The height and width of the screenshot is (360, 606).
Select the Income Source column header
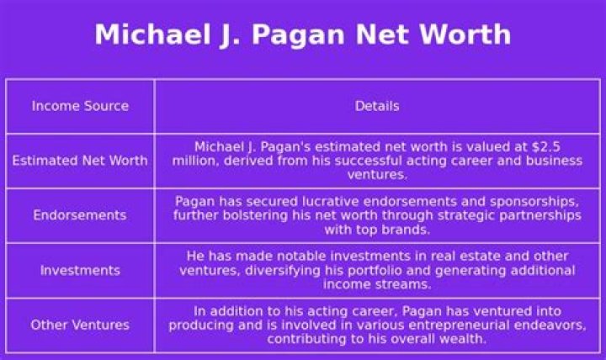[x=80, y=106]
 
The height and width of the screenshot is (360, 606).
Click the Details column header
[x=376, y=106]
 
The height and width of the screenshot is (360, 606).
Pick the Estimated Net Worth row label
[x=80, y=161]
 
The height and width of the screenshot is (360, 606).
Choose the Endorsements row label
[x=80, y=215]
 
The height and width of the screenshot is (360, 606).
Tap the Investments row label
[x=80, y=270]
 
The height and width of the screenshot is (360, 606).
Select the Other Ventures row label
[x=80, y=325]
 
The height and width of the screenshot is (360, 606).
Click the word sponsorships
[x=532, y=201]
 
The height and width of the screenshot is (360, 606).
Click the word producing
[x=216, y=325]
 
